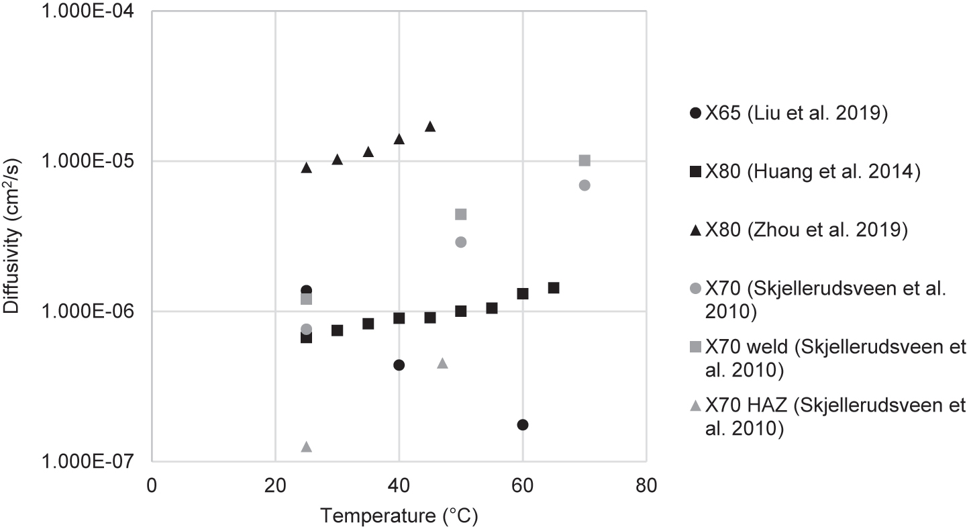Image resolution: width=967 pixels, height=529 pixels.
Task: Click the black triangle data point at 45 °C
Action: click(430, 127)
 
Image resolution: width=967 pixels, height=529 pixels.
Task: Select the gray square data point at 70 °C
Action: click(584, 160)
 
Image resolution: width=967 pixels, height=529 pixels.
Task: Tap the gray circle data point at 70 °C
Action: click(584, 185)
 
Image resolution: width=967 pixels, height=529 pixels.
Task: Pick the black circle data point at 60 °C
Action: click(523, 425)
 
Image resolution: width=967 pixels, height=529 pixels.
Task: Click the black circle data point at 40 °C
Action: click(399, 365)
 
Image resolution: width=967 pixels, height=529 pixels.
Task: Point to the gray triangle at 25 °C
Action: click(307, 447)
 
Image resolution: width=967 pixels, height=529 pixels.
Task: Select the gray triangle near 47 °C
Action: click(442, 363)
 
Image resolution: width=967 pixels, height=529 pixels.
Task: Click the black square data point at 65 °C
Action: click(554, 288)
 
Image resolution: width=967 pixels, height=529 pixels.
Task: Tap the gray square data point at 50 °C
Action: click(461, 214)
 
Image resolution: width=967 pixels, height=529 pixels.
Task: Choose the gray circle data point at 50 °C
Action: click(461, 242)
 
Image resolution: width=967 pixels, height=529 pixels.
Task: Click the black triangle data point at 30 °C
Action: click(338, 160)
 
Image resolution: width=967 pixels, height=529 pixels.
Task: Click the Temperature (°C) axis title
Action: click(399, 516)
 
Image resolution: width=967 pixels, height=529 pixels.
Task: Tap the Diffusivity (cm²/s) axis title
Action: click(14, 236)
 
